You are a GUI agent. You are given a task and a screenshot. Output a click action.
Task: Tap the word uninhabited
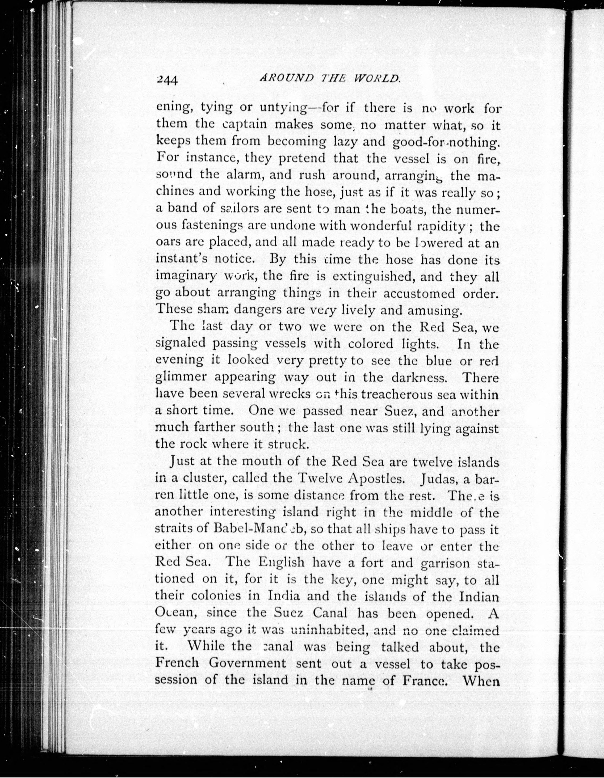tap(328, 630)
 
